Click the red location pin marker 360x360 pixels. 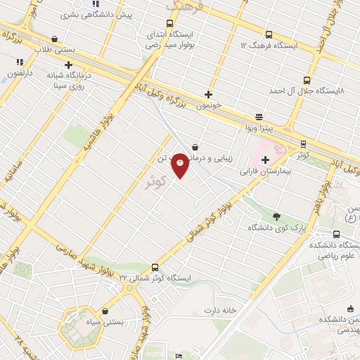181,165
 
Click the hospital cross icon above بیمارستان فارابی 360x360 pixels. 265,160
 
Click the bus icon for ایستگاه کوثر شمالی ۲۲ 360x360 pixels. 155,266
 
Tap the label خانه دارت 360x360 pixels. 217,310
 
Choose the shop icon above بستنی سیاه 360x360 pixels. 105,311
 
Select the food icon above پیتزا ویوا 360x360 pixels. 259,117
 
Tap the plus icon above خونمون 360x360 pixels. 208,94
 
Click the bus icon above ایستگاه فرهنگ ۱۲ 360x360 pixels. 269,34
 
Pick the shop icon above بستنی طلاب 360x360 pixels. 55,39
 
